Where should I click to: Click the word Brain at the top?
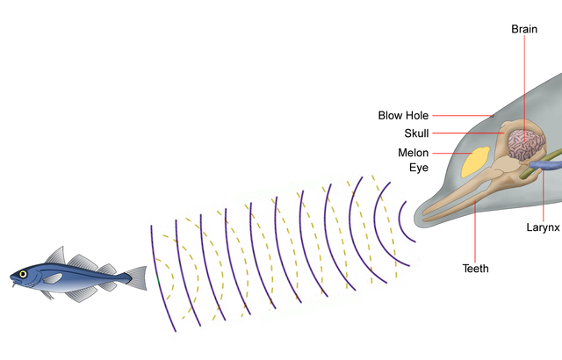pyautogui.click(x=524, y=29)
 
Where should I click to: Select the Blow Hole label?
pyautogui.click(x=403, y=115)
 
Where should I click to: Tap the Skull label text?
pyautogui.click(x=416, y=133)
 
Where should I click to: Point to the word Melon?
pyautogui.click(x=413, y=153)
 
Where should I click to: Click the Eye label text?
pyautogui.click(x=406, y=167)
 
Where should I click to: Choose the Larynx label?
pyautogui.click(x=543, y=227)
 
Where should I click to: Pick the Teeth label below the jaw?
pyautogui.click(x=475, y=268)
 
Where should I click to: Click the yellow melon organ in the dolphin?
pyautogui.click(x=477, y=160)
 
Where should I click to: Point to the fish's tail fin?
pyautogui.click(x=138, y=277)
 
